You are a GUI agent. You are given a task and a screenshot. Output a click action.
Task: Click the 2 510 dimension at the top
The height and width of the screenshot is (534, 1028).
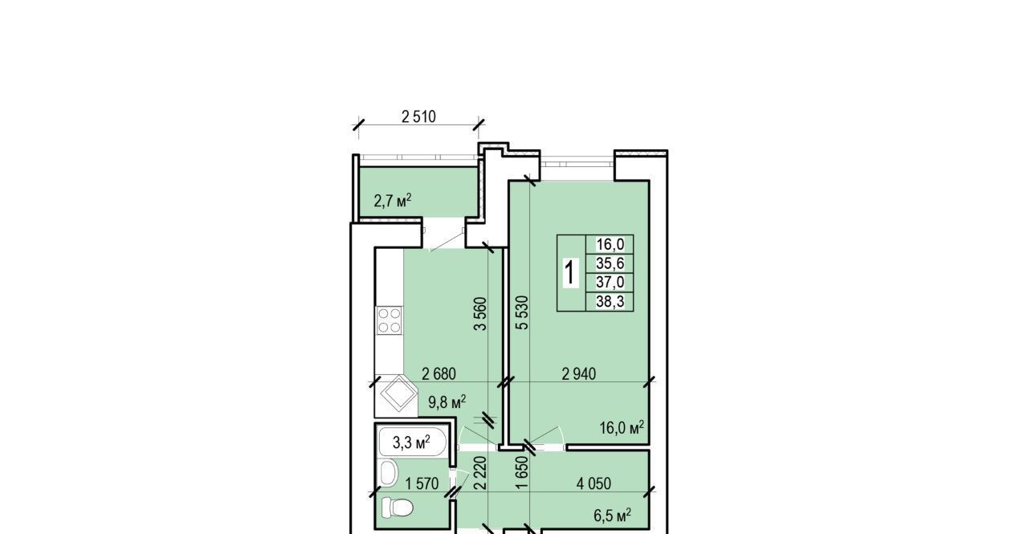(x=418, y=117)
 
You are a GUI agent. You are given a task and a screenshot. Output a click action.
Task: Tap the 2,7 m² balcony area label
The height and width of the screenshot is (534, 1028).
(x=393, y=201)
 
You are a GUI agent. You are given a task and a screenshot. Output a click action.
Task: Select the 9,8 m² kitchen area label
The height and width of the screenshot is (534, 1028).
(x=447, y=402)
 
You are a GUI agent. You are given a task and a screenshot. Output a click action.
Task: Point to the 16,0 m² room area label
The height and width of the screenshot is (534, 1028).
(x=622, y=427)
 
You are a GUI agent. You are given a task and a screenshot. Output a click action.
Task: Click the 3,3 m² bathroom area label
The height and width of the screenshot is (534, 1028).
(x=411, y=442)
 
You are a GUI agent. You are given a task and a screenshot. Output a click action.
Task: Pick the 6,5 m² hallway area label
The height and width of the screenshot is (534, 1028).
(x=612, y=515)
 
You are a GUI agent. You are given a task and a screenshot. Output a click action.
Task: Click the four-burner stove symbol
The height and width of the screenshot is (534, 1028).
(x=390, y=320)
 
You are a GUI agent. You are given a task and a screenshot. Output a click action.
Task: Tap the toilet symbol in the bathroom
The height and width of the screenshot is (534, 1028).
(x=398, y=508)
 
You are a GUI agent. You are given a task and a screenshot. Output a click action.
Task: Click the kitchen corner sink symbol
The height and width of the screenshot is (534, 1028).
(x=397, y=394)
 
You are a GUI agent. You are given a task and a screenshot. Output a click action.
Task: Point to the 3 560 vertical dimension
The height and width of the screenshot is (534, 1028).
(x=480, y=314)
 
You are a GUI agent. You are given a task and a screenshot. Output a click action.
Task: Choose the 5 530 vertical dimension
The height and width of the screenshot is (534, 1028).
(x=522, y=313)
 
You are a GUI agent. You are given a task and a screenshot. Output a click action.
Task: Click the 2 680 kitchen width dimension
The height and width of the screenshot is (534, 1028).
(x=439, y=374)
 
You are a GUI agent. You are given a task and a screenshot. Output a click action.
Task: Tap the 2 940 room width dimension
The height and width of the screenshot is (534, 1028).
(x=579, y=374)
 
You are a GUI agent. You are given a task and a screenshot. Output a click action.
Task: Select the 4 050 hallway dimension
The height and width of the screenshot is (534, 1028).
(x=594, y=483)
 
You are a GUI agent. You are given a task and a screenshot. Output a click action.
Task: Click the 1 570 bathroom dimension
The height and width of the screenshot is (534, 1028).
(x=422, y=483)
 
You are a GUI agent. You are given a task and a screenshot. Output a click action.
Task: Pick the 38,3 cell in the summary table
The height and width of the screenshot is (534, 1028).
(x=610, y=301)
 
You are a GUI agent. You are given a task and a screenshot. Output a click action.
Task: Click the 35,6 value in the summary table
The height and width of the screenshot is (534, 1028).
(x=610, y=263)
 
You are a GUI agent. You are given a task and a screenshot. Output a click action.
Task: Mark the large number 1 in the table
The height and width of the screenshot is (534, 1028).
(x=570, y=272)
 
